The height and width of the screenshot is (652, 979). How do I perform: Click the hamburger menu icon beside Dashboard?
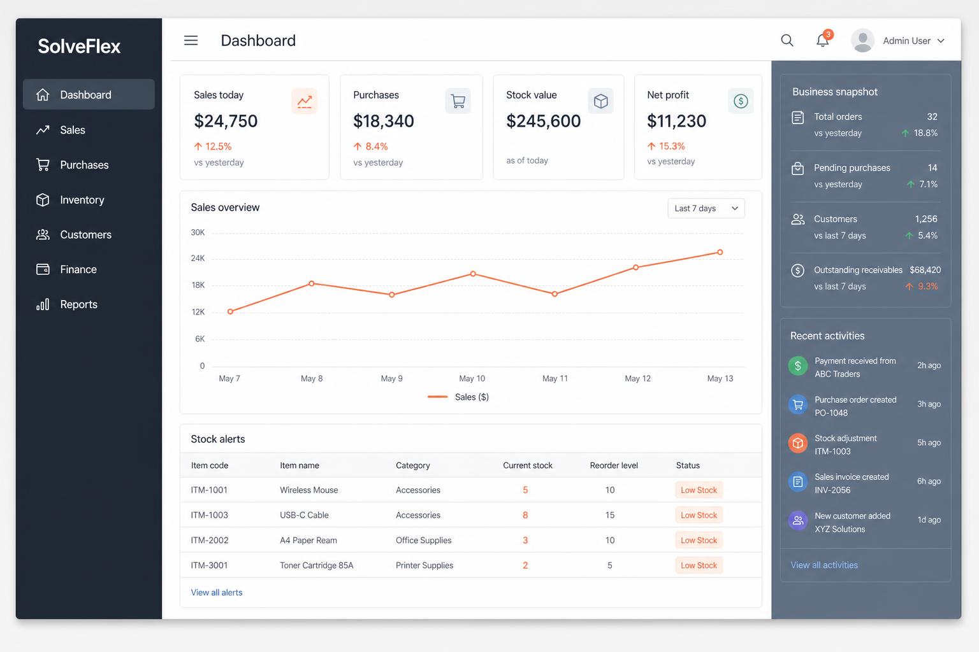point(191,41)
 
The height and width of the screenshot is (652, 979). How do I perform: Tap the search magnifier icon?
point(787,41)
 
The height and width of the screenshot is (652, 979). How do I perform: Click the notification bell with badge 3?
point(823,39)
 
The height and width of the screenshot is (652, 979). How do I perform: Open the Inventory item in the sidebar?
point(82,199)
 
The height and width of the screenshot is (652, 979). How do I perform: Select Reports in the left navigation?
point(78,304)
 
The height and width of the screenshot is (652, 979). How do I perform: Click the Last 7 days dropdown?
point(706,208)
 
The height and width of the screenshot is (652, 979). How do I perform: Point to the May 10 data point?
point(473,274)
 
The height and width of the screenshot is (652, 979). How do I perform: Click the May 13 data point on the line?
point(720,252)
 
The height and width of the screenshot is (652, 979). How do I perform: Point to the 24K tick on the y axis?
point(198,258)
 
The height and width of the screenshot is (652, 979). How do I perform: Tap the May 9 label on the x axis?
point(391,378)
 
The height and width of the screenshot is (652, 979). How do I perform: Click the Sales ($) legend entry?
point(458,397)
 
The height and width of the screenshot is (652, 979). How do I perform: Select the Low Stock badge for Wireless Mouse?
point(699,490)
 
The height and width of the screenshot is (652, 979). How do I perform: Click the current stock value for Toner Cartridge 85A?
point(525,565)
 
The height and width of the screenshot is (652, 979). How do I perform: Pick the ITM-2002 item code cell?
point(209,540)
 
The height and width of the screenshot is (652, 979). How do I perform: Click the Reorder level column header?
point(614,465)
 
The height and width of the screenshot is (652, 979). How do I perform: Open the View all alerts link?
point(216,593)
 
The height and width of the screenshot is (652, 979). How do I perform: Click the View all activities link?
point(824,565)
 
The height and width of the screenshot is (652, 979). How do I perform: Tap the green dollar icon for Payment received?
point(797,366)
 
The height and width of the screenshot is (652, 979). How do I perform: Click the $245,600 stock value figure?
point(543,121)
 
